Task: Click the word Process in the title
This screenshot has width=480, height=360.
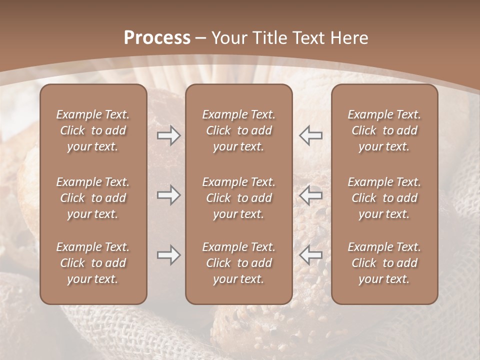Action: (157, 38)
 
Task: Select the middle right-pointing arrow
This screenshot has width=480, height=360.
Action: (168, 195)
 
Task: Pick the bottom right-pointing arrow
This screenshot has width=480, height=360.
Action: (168, 255)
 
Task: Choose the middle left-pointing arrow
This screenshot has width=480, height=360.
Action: (310, 195)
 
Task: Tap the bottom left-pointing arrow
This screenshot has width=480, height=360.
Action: (310, 255)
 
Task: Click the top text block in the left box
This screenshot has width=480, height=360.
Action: (93, 130)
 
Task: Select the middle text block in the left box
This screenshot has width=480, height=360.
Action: (93, 198)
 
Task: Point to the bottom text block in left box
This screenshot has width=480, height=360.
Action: (93, 263)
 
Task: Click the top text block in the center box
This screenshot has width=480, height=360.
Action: (238, 130)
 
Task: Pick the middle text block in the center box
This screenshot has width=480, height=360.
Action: (238, 198)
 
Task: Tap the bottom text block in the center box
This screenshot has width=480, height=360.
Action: (238, 263)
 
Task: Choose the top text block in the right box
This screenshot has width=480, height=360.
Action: (384, 130)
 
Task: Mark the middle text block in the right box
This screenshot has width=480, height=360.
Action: (384, 198)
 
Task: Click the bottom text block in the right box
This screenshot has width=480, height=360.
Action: (384, 263)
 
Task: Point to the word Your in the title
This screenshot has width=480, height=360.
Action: (229, 38)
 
